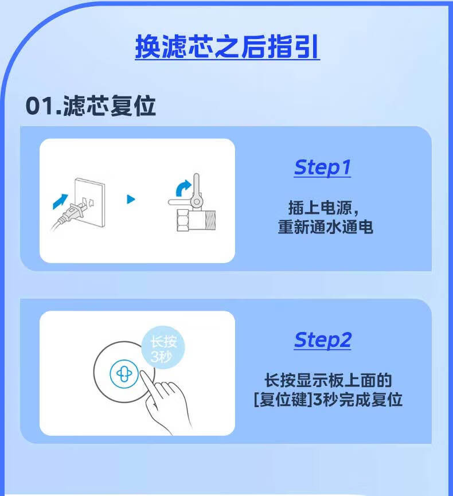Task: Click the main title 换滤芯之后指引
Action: coord(227,46)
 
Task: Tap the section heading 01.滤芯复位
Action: coord(91,106)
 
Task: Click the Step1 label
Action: coord(322,167)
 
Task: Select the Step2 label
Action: coord(323,340)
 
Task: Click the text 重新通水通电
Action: coord(326,227)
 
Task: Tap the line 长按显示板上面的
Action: coord(328,380)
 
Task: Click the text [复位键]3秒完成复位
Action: coord(328,400)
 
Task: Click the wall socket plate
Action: coord(89,202)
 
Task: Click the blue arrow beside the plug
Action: coord(60,201)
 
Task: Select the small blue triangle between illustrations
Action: coord(131,200)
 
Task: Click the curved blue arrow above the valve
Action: coord(183,188)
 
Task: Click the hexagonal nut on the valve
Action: coord(183,221)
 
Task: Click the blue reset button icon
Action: coord(124,374)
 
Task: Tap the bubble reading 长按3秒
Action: coord(163,347)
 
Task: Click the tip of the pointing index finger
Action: coord(142,373)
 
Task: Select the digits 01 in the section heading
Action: coord(39,106)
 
